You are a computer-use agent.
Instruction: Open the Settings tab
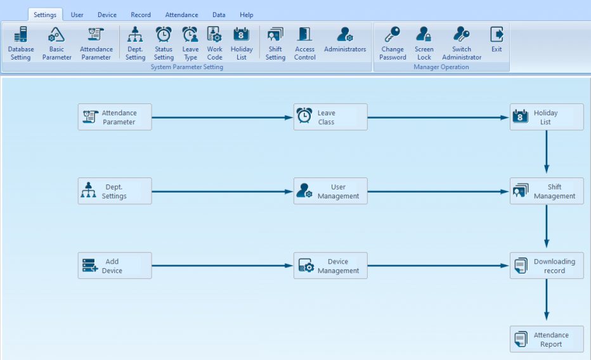(x=45, y=15)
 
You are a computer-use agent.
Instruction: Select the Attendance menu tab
(x=181, y=15)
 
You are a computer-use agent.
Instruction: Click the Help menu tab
(x=247, y=15)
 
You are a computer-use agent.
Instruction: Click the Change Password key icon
(x=393, y=35)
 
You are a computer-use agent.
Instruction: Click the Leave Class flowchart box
(x=330, y=117)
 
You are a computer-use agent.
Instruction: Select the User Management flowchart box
(x=330, y=191)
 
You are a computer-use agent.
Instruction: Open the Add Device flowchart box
(x=115, y=266)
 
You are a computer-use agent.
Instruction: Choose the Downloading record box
(x=547, y=266)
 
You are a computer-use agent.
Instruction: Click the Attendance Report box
(x=547, y=340)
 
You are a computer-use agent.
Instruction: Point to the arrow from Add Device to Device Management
(x=223, y=266)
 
